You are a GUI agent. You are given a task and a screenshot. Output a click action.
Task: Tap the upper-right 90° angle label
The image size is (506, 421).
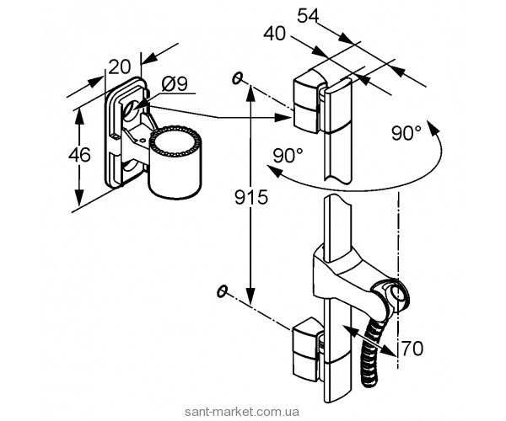click(x=407, y=133)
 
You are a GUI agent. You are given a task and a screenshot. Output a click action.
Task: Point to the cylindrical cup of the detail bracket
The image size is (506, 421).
click(x=175, y=162)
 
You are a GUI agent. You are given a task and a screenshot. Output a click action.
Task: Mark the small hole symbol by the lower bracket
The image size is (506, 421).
click(x=222, y=291)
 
